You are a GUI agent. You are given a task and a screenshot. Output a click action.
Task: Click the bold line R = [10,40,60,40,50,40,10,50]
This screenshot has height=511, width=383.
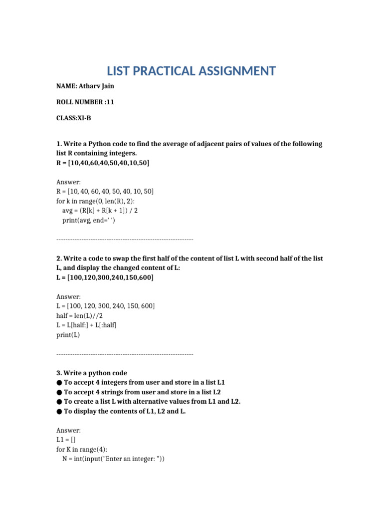(x=103, y=163)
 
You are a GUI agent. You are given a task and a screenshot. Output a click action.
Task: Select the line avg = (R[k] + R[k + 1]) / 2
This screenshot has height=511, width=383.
(x=100, y=211)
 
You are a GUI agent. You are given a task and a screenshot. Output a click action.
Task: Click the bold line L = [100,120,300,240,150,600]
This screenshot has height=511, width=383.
(x=105, y=277)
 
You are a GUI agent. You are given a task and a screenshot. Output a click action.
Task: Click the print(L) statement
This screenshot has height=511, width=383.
(x=68, y=335)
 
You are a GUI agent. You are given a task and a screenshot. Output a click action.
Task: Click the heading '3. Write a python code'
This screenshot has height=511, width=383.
(x=92, y=373)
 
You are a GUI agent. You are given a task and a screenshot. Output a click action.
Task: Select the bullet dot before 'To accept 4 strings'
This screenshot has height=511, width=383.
(x=59, y=392)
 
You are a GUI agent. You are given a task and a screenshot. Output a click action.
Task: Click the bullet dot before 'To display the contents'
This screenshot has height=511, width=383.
(x=59, y=411)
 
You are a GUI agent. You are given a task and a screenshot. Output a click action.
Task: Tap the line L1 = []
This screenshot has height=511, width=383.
(x=66, y=440)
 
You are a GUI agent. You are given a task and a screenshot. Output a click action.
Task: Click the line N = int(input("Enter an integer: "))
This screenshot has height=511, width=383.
(x=113, y=459)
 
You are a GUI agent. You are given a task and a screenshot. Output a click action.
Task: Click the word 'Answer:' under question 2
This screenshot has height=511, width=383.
(x=68, y=296)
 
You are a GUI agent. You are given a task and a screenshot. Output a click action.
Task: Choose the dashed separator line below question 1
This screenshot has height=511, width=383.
(x=125, y=240)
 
